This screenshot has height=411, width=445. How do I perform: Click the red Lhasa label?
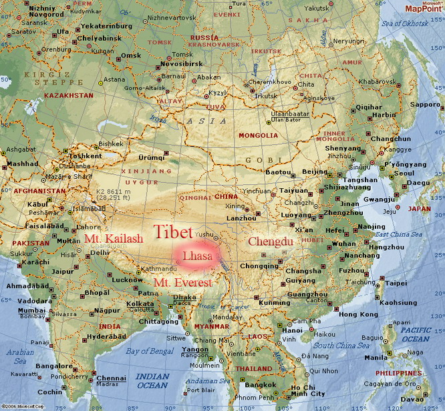tap(197, 256)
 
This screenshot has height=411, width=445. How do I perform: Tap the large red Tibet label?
tap(173, 232)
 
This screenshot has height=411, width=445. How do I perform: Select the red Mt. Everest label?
tap(182, 283)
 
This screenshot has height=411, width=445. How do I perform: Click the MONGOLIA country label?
tap(258, 135)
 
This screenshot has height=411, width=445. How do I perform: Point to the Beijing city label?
tap(315, 171)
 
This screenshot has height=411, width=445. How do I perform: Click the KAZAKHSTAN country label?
tap(68, 95)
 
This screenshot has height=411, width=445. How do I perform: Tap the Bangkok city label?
tap(261, 384)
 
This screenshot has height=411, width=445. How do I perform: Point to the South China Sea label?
tap(343, 345)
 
